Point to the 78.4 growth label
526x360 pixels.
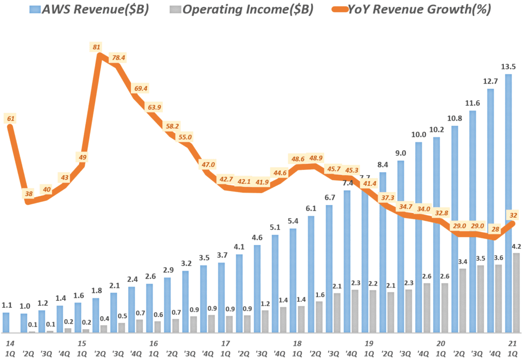(x=118, y=58)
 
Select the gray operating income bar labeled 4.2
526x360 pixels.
(x=516, y=293)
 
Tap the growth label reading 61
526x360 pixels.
(x=10, y=119)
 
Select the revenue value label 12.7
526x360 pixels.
(x=490, y=81)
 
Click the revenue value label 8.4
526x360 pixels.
(x=382, y=164)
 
